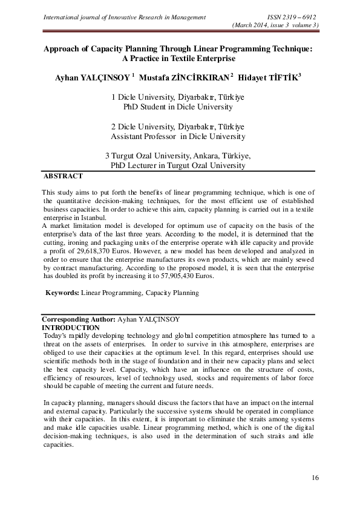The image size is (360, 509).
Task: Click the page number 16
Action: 315,478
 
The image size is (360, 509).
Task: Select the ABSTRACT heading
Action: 62,177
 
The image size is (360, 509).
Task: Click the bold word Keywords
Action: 62,293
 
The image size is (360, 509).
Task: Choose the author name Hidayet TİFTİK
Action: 270,79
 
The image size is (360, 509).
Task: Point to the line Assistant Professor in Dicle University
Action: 178,137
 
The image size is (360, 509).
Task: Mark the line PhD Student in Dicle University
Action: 178,107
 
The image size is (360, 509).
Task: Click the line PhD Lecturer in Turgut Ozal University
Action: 178,165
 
